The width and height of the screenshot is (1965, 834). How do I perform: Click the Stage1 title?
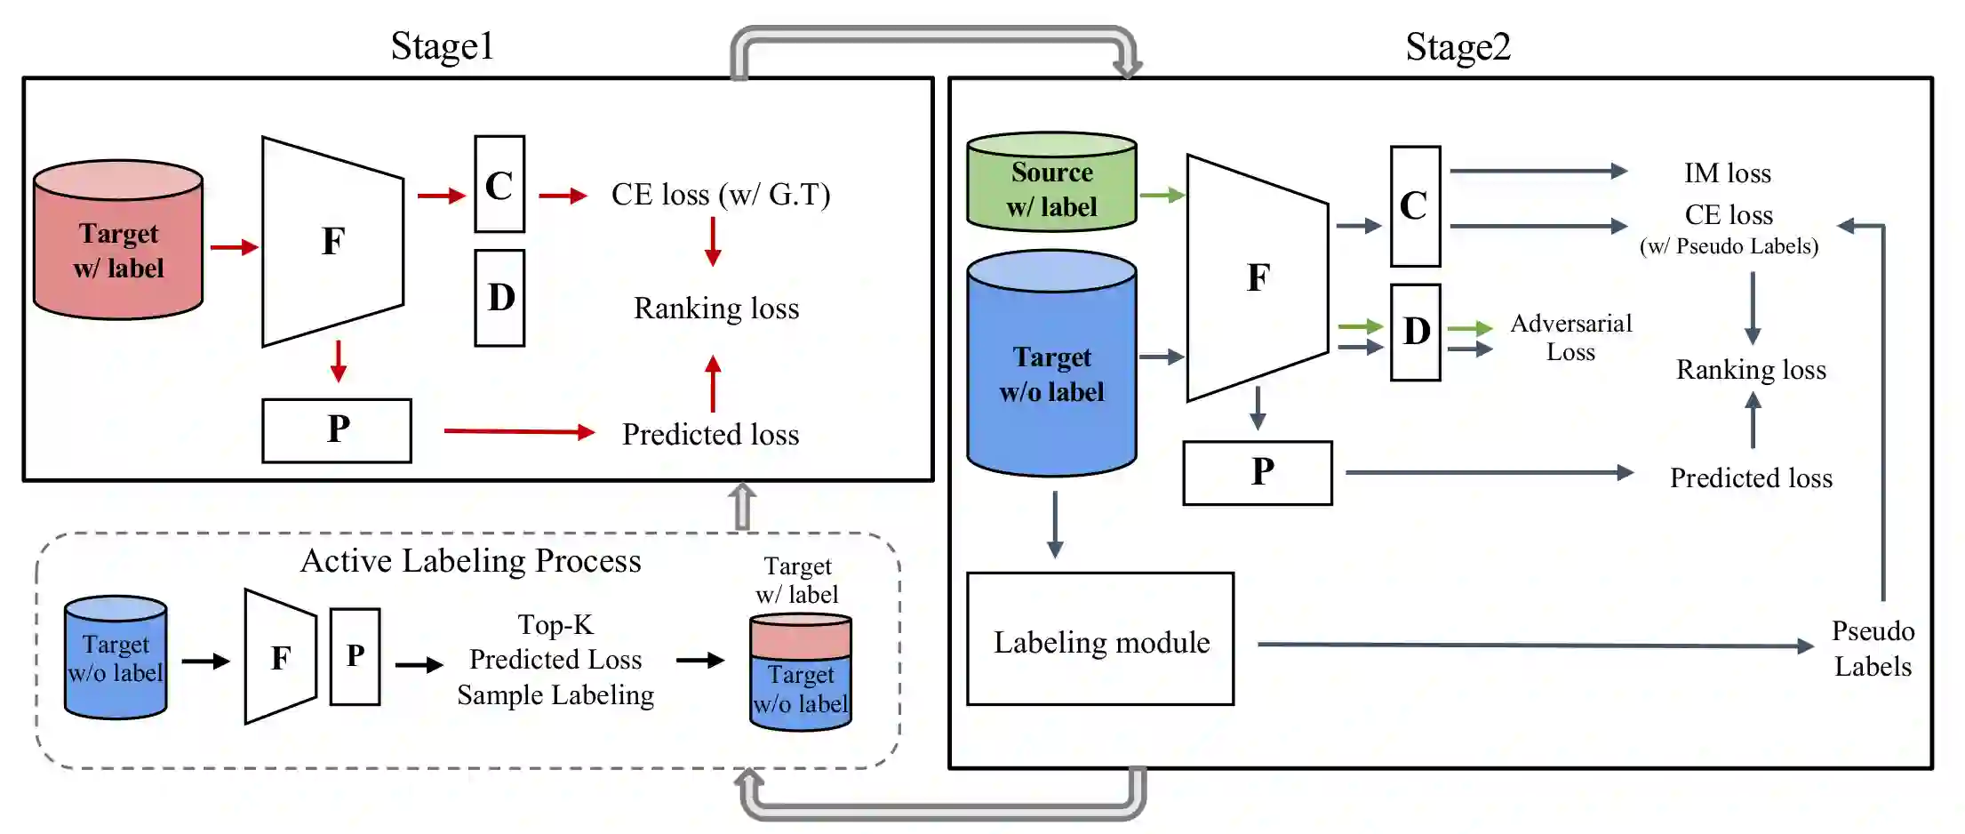[442, 46]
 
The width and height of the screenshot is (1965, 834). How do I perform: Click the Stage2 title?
[1458, 46]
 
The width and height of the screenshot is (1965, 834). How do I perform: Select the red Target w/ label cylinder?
[118, 240]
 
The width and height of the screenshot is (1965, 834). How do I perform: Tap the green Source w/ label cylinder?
[1051, 182]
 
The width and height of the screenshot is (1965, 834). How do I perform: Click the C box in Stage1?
[499, 185]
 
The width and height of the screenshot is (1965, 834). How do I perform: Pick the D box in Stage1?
[499, 298]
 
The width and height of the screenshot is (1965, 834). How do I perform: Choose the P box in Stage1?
[337, 430]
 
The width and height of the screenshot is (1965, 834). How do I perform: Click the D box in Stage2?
[1415, 333]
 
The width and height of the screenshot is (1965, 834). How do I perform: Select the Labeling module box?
[1100, 639]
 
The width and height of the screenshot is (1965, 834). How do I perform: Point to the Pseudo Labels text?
[1873, 649]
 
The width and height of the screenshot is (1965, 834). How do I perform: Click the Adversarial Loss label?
[1570, 338]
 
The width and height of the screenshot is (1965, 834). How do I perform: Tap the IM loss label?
[1727, 173]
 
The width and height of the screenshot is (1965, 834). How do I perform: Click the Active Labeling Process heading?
[470, 561]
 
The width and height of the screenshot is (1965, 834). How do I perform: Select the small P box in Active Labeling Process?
[355, 656]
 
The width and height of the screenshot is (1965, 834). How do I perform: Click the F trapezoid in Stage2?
[1257, 277]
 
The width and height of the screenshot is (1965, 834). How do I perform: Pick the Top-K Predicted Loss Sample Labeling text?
[555, 660]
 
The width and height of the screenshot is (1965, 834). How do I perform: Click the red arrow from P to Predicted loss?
[518, 432]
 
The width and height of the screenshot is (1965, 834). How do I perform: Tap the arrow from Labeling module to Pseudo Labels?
[1533, 646]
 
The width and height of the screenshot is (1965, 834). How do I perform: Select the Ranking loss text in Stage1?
[716, 309]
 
